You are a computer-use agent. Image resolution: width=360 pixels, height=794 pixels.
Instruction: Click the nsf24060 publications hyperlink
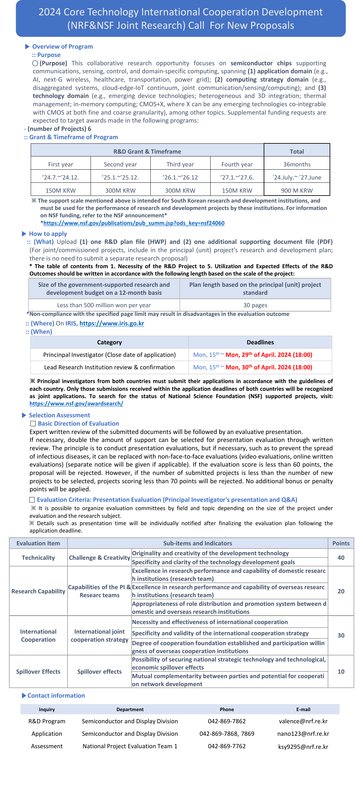click(x=134, y=223)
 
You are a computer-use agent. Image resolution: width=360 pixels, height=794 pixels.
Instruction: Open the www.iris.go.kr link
click(x=112, y=324)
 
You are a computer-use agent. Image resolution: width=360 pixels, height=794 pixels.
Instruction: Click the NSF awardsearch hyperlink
click(x=76, y=404)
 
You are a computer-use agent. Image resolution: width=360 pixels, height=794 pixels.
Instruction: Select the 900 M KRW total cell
click(x=297, y=190)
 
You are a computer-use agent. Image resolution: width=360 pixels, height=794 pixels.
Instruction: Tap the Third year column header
click(x=180, y=164)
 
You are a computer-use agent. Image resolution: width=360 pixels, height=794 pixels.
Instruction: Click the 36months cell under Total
click(x=297, y=164)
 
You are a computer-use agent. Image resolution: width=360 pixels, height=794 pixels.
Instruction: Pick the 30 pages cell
click(x=255, y=305)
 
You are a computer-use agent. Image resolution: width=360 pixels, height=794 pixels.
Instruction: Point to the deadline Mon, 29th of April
click(x=268, y=355)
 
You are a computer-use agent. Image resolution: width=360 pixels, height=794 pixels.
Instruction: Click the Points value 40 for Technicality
click(x=341, y=557)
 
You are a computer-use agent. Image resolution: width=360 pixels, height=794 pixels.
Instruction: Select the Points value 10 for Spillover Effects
click(x=341, y=671)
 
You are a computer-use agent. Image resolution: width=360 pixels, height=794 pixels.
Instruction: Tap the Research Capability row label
click(x=38, y=591)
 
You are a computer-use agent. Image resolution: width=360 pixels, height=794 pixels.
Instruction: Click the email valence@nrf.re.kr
click(x=303, y=721)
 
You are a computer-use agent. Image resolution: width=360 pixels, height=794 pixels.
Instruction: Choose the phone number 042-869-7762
click(x=227, y=746)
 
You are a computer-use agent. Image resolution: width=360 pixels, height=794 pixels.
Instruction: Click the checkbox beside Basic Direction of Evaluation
click(x=33, y=424)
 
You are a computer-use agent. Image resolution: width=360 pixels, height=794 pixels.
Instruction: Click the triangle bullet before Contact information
click(x=24, y=695)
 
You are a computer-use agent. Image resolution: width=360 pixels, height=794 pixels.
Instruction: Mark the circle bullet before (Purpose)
click(x=35, y=63)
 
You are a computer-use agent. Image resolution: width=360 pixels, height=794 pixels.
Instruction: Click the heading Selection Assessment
click(x=60, y=415)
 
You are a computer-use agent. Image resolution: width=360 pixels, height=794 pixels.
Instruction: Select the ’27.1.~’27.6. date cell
click(x=237, y=177)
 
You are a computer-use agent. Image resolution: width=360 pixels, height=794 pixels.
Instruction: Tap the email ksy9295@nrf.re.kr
click(x=303, y=747)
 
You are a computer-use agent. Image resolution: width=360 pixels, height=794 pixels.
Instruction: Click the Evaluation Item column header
click(x=38, y=543)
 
